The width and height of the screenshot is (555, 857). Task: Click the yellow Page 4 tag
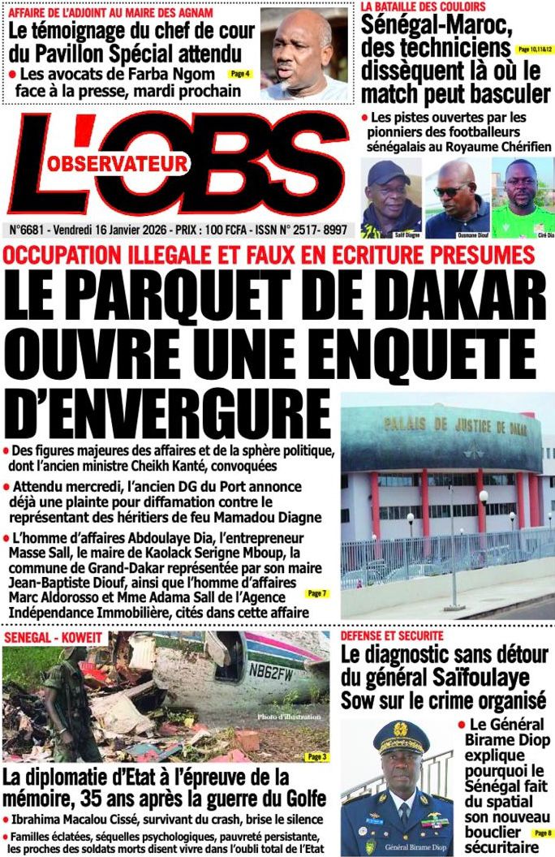pos(240,74)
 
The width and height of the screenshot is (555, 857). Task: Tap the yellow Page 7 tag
pos(316,594)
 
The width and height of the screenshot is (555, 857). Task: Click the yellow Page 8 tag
pos(542,833)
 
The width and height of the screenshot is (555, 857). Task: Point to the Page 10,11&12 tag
pos(535,50)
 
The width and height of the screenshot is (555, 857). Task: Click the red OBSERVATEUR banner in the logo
pos(115,164)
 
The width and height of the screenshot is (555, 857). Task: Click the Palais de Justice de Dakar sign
pos(443,424)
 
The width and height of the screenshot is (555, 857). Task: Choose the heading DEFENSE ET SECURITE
pos(392,635)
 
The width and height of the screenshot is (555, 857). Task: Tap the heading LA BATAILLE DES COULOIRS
pos(423,6)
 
